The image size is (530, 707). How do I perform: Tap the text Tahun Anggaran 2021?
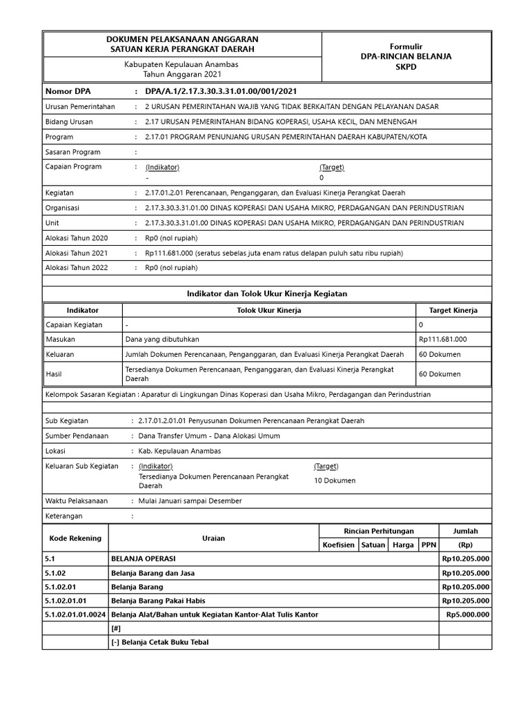point(182,74)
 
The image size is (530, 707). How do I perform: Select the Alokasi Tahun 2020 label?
point(77,238)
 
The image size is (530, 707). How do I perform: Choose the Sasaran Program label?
point(72,152)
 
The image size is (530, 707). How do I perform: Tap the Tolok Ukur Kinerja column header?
point(268,311)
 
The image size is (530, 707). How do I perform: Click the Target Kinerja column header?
point(453,311)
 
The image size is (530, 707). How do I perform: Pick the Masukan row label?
point(60,339)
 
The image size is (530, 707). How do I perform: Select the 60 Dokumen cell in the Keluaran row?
point(440,354)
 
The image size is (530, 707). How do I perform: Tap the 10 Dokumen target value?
point(335,481)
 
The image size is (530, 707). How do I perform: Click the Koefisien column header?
point(338,545)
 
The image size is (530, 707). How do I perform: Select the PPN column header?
point(429,545)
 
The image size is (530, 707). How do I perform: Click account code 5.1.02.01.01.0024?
point(75,614)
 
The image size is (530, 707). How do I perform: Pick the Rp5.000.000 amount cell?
point(467,614)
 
